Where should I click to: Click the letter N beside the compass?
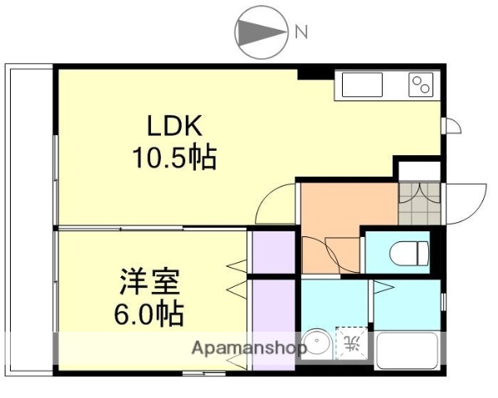(x=301, y=32)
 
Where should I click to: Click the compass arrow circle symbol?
(x=260, y=32)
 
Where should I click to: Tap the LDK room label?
(x=174, y=126)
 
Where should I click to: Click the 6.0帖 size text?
(x=150, y=314)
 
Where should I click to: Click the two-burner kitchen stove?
(x=421, y=85)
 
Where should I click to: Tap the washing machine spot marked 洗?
(x=350, y=343)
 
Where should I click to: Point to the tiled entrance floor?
(x=419, y=203)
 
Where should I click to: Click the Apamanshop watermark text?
(x=249, y=347)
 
